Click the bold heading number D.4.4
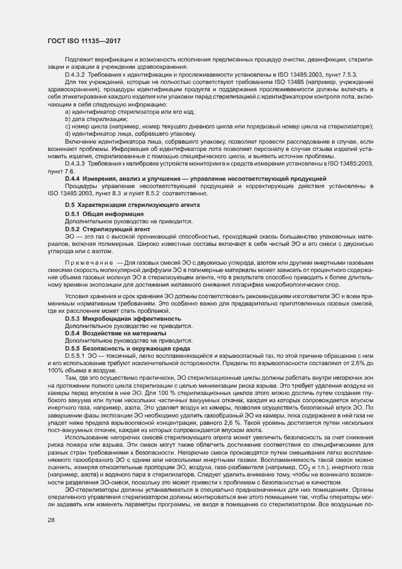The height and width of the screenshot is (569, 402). point(73,178)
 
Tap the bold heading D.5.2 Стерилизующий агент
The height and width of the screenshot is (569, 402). point(103,228)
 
